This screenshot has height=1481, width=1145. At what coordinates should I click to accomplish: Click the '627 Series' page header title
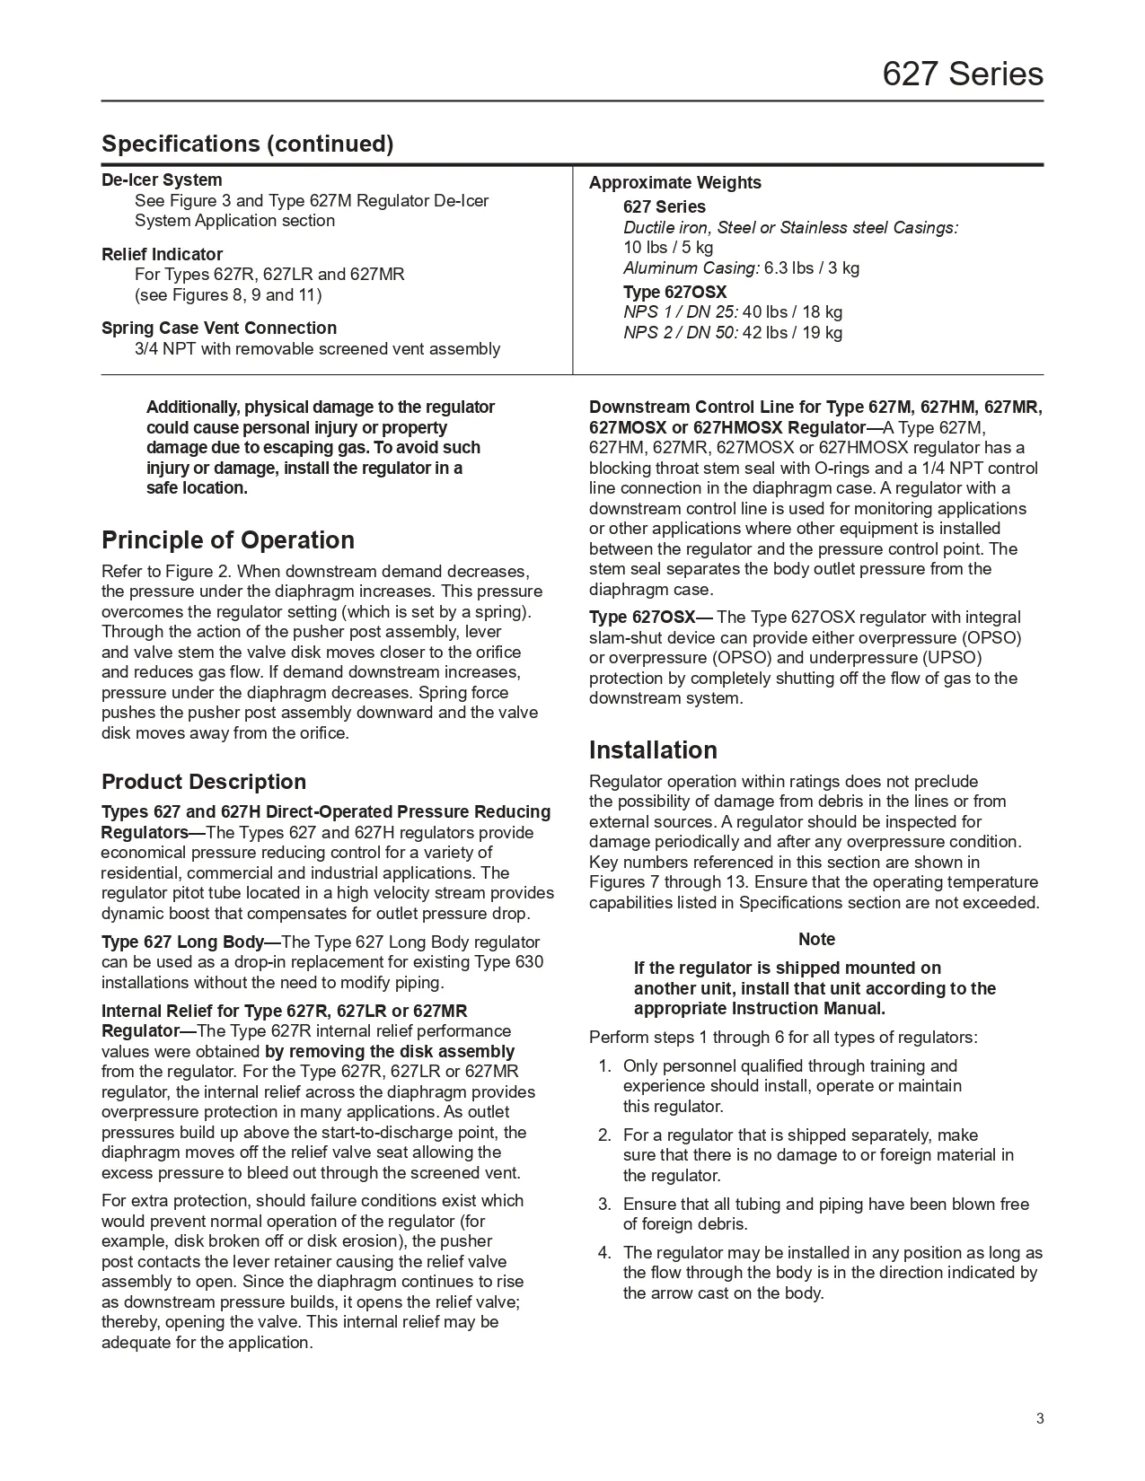pos(963,74)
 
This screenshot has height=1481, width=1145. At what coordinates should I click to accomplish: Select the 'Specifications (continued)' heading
pos(247,144)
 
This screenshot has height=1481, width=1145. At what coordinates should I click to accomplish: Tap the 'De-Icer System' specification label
pos(162,180)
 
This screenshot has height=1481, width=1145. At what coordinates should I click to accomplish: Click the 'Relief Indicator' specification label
pos(162,254)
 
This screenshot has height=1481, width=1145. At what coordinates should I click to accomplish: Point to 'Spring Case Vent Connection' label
pos(219,328)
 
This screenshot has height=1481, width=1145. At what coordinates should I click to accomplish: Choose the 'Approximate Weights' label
pos(674,182)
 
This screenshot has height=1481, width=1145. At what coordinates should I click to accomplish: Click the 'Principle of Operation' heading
pos(228,540)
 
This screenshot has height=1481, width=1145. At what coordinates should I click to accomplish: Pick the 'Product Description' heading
pos(204,781)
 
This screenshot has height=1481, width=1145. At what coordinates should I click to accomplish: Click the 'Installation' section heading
pos(653,749)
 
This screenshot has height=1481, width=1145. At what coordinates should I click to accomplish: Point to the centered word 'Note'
pos(816,939)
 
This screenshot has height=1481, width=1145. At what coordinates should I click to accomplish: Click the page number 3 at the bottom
pos(1040,1419)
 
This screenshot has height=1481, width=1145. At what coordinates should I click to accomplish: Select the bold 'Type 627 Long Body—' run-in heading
pos(191,942)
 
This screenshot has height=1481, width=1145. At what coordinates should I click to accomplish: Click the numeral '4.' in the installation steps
pos(604,1252)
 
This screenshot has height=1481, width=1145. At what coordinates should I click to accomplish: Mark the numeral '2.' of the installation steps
pos(604,1135)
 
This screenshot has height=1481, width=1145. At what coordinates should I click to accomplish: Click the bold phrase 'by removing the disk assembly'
pos(390,1051)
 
